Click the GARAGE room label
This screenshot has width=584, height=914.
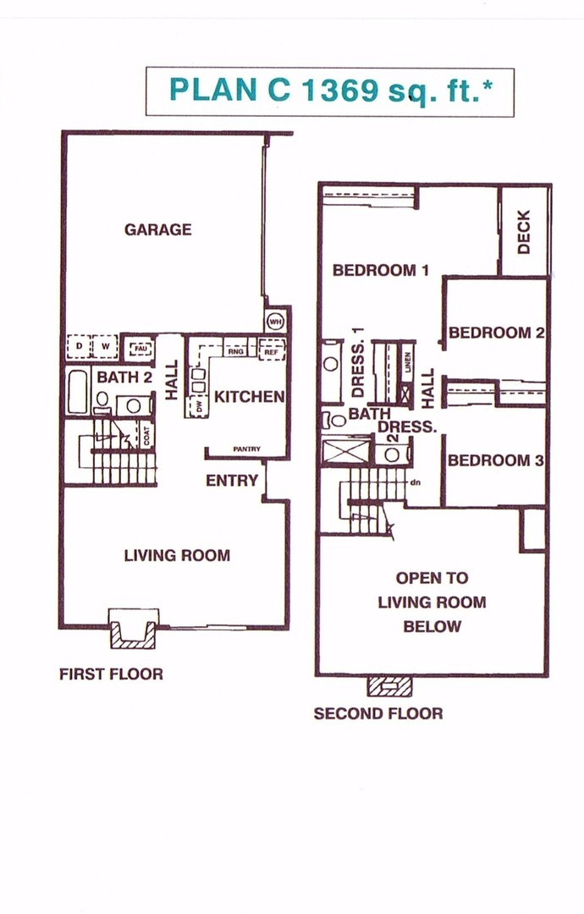pos(157,229)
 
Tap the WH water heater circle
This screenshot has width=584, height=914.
pos(275,321)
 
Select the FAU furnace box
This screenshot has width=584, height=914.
pos(138,347)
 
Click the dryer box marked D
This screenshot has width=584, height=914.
pos(80,347)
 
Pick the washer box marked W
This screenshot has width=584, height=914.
pos(104,347)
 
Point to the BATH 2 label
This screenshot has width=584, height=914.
pos(124,377)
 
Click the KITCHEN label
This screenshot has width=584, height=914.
pos(249,396)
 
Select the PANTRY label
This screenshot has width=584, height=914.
pos(246,449)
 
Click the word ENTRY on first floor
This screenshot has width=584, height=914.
pos(232,481)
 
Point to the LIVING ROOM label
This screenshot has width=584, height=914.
pos(177,555)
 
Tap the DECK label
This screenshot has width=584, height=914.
pos(523,232)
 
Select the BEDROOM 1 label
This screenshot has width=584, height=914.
pos(381,271)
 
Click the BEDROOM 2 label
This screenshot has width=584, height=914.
pos(496,333)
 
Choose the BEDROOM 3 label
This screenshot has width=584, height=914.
pos(495,460)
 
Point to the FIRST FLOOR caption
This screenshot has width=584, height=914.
pos(111,674)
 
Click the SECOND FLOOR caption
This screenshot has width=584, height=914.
pos(377,713)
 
